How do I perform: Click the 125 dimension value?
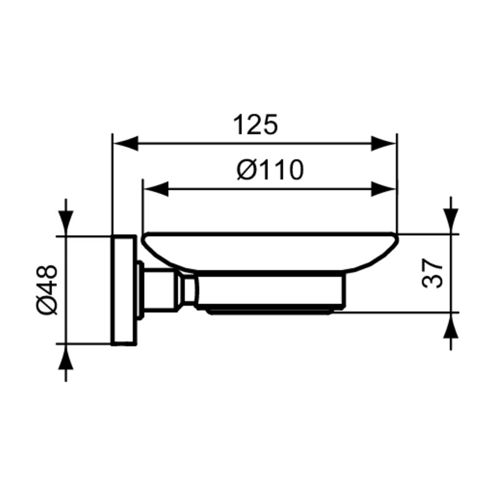click(x=256, y=124)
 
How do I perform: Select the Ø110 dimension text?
click(x=270, y=170)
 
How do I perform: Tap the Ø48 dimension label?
click(x=47, y=290)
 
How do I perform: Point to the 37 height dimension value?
click(x=432, y=273)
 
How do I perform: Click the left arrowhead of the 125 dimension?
click(x=125, y=143)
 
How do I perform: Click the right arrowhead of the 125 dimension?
click(x=384, y=143)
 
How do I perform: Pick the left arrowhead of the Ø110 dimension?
click(x=155, y=189)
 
